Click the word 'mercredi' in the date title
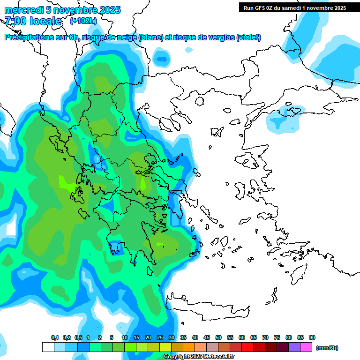point(23,10)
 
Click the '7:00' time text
point(15,21)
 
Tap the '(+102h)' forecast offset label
point(83,21)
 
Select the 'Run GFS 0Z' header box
point(294,7)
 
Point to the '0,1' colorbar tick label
point(55,338)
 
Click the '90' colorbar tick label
point(312,338)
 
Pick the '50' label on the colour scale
point(218,338)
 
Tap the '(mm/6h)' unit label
point(327,348)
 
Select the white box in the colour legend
point(48,347)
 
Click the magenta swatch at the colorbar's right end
point(307,347)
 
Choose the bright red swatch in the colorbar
point(248,347)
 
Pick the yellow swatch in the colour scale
point(165,347)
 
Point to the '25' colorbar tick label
point(160,338)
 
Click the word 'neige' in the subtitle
point(127,37)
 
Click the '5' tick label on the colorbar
point(112,338)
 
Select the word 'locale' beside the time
point(45,21)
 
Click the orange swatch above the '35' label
point(189,347)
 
